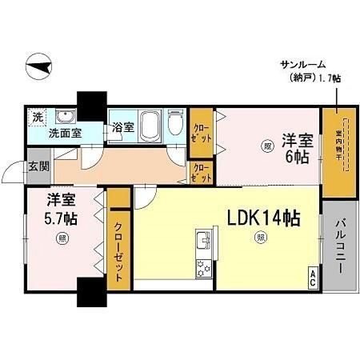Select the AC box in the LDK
click(312, 280)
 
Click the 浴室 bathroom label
click(122, 127)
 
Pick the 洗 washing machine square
click(37, 118)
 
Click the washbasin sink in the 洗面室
click(65, 115)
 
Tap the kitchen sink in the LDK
click(203, 242)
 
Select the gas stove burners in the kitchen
click(203, 268)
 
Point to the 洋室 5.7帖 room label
click(61, 208)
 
